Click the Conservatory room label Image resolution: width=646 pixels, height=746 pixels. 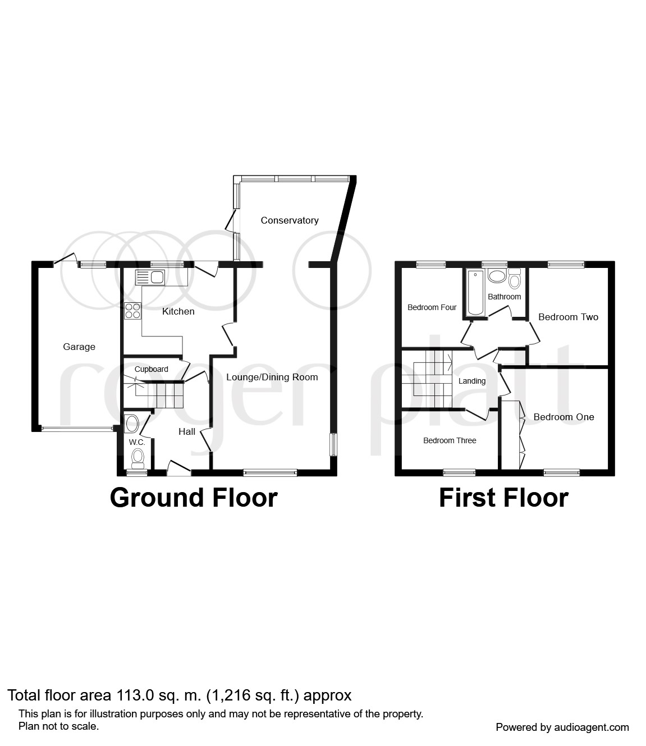[289, 220]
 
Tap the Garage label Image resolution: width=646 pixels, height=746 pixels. [79, 347]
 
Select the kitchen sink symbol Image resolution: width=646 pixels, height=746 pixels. [149, 277]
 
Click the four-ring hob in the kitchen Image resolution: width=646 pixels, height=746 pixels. [133, 311]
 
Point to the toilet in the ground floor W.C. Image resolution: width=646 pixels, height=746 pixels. [137, 460]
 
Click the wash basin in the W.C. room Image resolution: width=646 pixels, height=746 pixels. [132, 424]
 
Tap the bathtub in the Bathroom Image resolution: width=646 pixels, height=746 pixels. [475, 293]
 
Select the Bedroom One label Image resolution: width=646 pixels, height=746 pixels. [563, 417]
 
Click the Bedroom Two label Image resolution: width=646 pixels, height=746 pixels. [568, 317]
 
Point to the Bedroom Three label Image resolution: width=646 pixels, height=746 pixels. [450, 440]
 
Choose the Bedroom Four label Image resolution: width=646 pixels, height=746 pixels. [432, 307]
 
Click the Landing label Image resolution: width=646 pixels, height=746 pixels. [471, 381]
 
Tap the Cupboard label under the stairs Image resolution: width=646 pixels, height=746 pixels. [151, 369]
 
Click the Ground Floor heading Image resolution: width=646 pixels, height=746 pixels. [194, 498]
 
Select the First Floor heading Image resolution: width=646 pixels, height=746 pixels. [503, 498]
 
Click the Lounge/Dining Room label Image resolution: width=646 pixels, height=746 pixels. [272, 377]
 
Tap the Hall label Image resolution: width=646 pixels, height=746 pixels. [187, 431]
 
